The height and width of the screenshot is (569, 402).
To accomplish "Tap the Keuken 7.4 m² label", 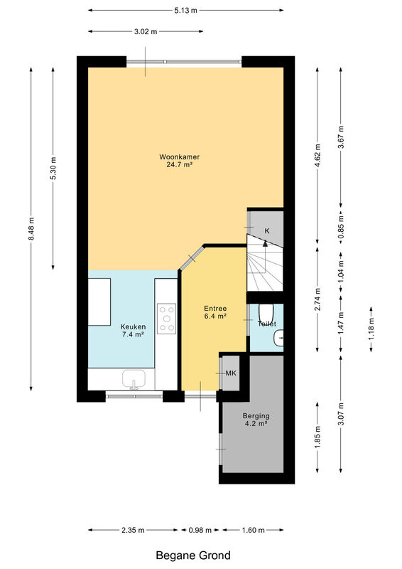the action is (133, 331).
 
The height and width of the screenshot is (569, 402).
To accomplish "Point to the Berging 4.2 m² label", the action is (256, 420).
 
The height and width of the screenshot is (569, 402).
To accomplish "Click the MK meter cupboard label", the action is (231, 373).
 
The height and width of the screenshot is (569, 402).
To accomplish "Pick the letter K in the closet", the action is (267, 230).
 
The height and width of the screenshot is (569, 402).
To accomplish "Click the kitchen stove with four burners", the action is (167, 319).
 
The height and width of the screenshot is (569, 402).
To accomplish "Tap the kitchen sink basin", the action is (134, 379).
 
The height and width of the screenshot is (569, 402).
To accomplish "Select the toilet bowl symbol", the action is (266, 312).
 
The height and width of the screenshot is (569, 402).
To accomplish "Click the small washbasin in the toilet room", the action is (278, 339).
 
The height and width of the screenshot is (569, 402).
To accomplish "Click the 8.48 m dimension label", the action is (31, 228).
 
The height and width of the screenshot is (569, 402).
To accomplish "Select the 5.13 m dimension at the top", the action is (185, 11).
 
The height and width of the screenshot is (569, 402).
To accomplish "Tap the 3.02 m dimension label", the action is (146, 31).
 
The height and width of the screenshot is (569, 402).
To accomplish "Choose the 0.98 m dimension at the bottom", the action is (200, 530).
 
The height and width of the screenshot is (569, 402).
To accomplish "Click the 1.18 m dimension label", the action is (371, 329).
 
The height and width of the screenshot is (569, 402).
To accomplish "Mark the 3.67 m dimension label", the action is (340, 137).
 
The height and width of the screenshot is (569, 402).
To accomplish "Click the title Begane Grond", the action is (193, 555).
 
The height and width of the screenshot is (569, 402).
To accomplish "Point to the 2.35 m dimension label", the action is (133, 530).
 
